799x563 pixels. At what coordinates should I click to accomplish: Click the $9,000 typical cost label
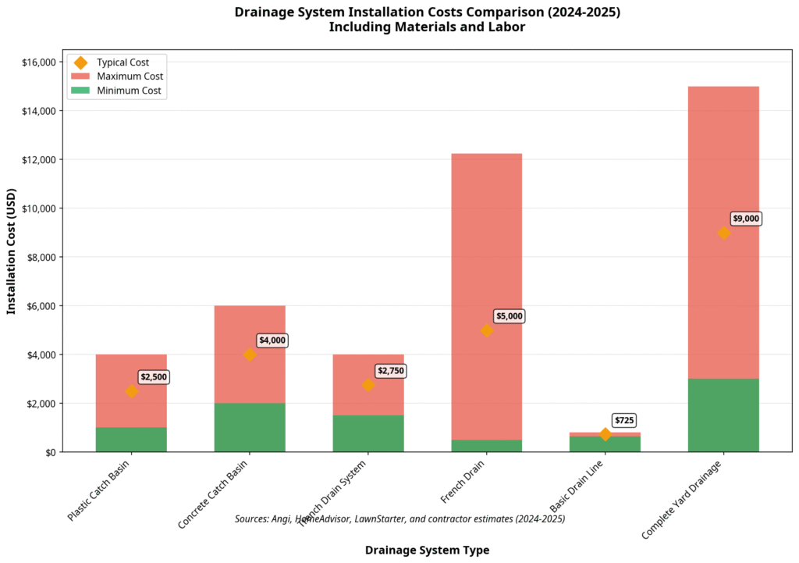[746, 219]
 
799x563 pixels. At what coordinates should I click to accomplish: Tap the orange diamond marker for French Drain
[487, 330]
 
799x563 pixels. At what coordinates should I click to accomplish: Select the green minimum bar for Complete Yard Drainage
[723, 415]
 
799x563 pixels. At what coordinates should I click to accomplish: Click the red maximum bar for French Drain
[487, 234]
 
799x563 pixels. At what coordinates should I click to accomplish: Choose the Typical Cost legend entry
[123, 62]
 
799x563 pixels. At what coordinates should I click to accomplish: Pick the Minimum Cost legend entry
[129, 91]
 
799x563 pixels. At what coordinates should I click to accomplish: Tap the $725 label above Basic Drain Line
[624, 421]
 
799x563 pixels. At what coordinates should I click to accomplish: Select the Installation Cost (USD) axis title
[12, 251]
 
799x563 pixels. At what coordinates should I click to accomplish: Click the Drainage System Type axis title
[427, 550]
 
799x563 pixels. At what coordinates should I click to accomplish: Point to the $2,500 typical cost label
[154, 377]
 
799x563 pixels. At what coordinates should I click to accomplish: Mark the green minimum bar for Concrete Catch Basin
[250, 428]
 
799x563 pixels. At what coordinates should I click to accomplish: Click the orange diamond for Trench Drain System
[368, 385]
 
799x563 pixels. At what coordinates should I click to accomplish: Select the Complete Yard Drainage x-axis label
[680, 501]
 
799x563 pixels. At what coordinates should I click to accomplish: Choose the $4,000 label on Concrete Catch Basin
[272, 340]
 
